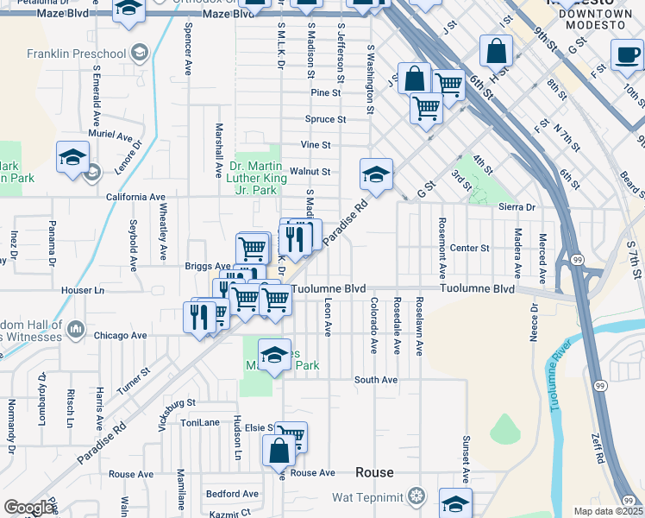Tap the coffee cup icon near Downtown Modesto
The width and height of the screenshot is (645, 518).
click(627, 54)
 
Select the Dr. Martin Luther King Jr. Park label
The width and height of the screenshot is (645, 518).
click(255, 177)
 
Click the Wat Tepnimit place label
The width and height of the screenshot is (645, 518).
click(369, 496)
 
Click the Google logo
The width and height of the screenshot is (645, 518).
click(28, 508)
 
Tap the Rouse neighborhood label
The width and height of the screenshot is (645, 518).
click(375, 472)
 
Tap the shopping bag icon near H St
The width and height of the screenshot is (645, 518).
click(498, 51)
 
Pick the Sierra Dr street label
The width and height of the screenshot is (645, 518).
click(517, 207)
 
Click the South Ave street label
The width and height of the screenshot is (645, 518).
click(375, 380)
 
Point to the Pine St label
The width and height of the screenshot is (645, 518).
click(326, 92)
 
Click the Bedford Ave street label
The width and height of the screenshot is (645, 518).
click(232, 494)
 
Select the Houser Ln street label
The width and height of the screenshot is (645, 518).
click(87, 290)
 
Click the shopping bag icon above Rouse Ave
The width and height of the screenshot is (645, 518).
click(279, 451)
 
